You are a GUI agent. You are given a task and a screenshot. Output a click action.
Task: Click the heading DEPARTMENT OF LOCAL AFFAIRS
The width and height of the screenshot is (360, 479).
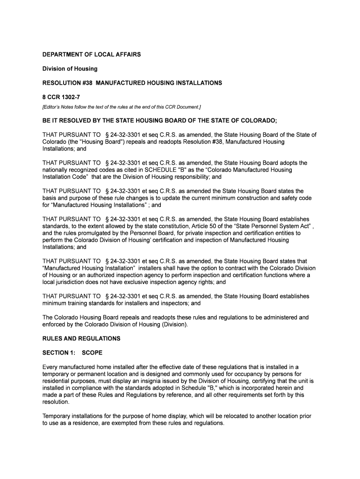pyautogui.click(x=92, y=55)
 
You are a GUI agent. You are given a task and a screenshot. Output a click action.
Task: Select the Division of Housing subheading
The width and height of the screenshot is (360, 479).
pyautogui.click(x=70, y=69)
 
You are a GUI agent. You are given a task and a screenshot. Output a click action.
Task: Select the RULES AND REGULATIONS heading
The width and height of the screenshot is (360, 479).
pyautogui.click(x=81, y=338)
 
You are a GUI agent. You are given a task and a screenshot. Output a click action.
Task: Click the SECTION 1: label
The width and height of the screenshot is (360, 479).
pyautogui.click(x=58, y=352)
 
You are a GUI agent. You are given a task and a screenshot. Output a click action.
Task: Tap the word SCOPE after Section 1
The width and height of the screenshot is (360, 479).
pyautogui.click(x=92, y=352)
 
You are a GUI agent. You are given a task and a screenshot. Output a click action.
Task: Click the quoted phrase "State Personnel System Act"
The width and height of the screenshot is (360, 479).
pyautogui.click(x=274, y=226)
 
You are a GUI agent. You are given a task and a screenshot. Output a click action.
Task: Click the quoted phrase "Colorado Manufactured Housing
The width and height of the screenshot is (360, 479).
pyautogui.click(x=255, y=170)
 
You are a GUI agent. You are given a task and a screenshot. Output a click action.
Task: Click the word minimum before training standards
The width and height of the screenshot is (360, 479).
pyautogui.click(x=55, y=303)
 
